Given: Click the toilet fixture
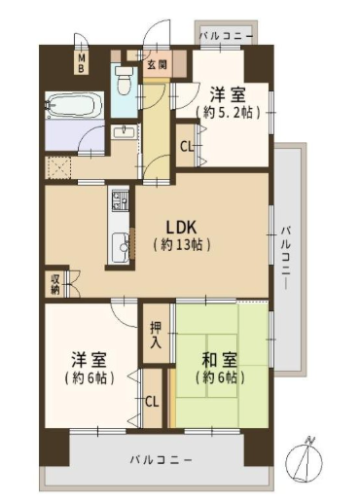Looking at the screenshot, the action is coord(123,80).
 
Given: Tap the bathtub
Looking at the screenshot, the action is coord(74,105).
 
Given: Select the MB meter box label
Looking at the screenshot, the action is coord(82,63).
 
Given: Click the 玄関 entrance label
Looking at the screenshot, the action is coord(157,65).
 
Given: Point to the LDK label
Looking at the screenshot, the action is coord(181,228).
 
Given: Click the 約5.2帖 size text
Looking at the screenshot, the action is coord(228,112).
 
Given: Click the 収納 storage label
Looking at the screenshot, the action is coord(55,285).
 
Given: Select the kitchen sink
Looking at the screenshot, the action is coord(120,247).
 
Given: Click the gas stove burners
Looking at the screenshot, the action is coord(120,200).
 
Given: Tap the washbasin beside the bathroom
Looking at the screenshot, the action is coord(125,132).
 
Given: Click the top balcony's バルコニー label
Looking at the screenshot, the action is coord(226,36).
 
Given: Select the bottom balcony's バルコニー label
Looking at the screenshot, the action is coord(161,460).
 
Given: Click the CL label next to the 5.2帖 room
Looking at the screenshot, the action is coord(187,147).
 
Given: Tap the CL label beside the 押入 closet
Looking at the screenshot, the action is coord(152,402).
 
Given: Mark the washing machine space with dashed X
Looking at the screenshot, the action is coord(58,167).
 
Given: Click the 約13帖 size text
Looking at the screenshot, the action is coord(182,244).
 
